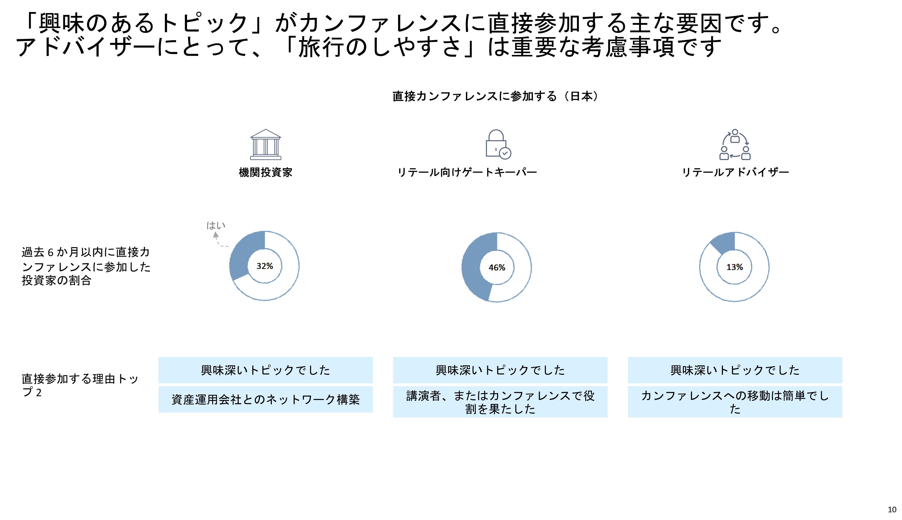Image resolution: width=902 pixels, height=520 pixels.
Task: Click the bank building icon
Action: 266,144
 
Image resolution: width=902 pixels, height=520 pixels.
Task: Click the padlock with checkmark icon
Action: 498,144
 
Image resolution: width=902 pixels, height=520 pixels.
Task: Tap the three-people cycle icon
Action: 735,144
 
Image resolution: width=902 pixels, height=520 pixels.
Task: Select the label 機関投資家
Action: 266,172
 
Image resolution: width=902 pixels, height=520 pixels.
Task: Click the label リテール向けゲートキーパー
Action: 467,172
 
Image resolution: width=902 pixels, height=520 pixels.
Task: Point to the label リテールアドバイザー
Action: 735,172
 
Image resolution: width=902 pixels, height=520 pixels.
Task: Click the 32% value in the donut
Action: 265,266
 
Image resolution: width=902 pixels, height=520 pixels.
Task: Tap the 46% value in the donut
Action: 497,268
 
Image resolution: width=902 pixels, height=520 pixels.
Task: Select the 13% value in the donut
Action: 735,267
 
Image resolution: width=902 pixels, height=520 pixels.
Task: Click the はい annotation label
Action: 216,226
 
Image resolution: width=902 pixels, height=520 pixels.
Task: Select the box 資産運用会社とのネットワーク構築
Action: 266,399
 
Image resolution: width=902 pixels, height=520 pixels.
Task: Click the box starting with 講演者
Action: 500,402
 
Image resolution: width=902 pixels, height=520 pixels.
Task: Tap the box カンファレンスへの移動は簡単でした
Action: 735,402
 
